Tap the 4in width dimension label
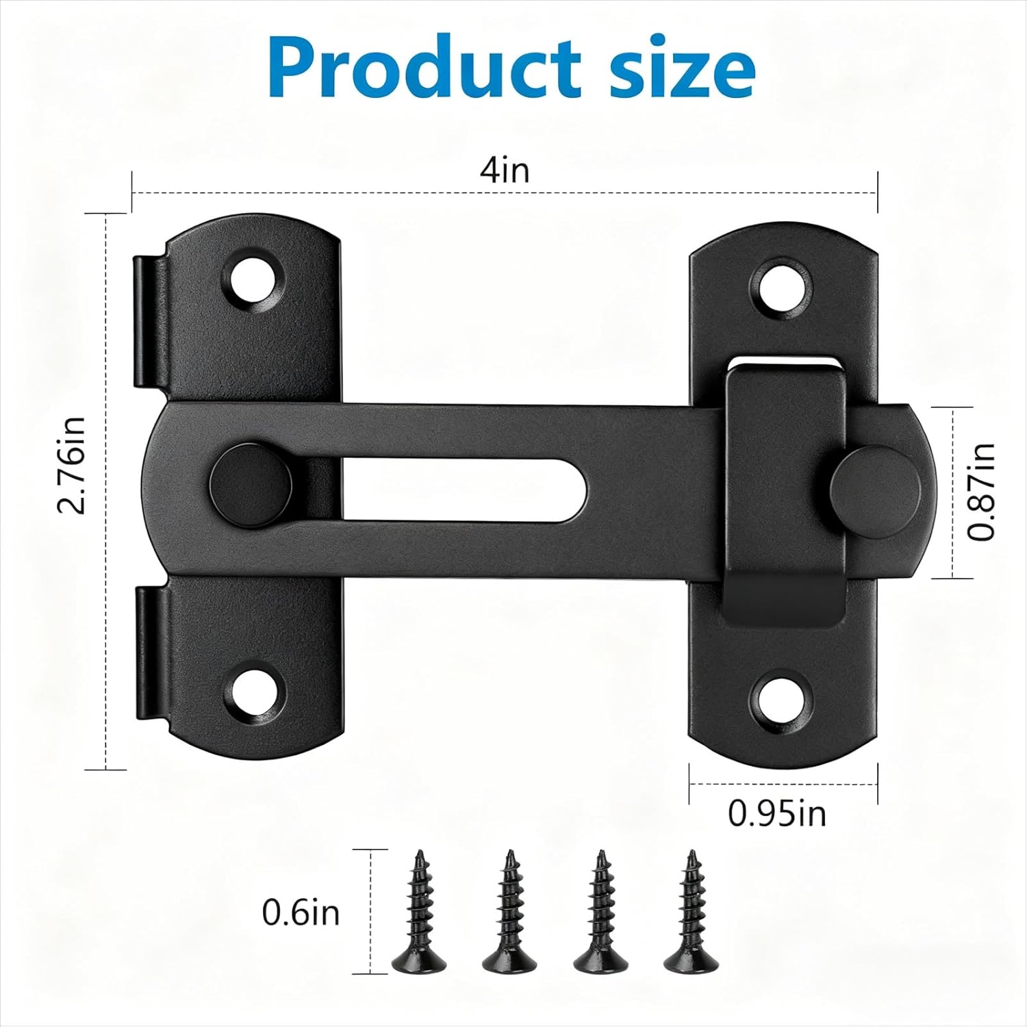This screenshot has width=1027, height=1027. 505,169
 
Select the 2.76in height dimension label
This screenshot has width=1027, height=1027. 72,465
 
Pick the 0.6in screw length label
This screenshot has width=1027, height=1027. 301,913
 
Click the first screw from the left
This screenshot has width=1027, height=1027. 417,911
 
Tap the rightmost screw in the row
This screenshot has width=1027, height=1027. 689,911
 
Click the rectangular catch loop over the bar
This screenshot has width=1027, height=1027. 785,493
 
